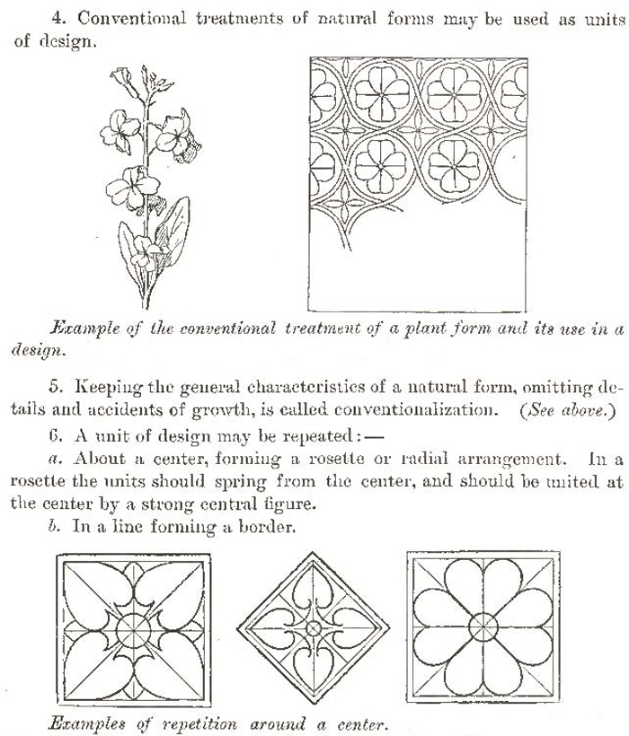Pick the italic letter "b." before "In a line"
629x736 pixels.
(x=56, y=527)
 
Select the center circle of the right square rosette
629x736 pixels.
(x=483, y=626)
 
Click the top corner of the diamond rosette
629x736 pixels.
(x=314, y=553)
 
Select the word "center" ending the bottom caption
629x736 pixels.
(x=359, y=723)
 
